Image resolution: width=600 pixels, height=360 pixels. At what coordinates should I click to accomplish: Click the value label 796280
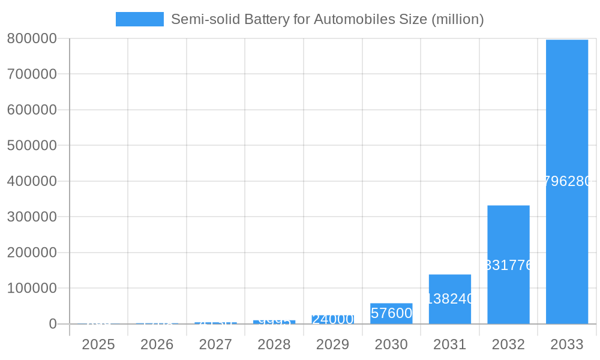tap(566, 181)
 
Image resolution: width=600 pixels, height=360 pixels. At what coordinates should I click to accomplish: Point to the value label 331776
tap(508, 265)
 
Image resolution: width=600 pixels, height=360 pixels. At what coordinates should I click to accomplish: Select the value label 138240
tap(449, 299)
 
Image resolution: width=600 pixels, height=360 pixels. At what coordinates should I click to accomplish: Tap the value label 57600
tap(391, 313)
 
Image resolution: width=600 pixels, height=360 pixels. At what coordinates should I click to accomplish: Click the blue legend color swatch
tap(139, 19)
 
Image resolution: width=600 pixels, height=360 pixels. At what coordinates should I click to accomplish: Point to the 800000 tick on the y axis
tap(32, 38)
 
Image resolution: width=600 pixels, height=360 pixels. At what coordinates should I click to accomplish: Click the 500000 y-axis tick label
tap(32, 145)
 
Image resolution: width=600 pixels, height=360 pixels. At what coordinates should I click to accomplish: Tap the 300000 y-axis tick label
tap(32, 217)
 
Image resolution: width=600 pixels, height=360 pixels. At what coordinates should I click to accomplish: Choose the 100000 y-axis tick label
tap(32, 288)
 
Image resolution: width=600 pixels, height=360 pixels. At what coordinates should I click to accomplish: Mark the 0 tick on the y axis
tap(52, 324)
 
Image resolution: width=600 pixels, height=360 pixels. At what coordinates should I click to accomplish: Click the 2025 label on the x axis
tap(98, 344)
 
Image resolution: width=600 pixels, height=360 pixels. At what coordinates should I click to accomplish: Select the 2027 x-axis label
tap(215, 344)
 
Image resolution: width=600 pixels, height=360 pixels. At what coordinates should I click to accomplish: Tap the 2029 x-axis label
tap(332, 344)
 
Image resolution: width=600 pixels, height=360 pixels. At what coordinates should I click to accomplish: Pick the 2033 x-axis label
tap(566, 344)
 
